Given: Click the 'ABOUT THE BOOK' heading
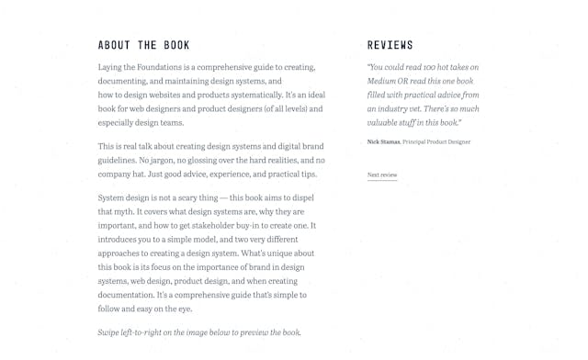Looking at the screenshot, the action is (x=143, y=45).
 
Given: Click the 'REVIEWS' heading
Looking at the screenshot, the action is (x=390, y=45).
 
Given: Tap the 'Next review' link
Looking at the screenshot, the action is (x=382, y=174).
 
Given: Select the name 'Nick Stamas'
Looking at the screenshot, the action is (x=383, y=141).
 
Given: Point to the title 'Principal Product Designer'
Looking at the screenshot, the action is (x=436, y=141).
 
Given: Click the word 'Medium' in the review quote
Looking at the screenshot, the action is (x=383, y=81).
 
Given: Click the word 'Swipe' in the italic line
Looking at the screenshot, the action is (x=108, y=332).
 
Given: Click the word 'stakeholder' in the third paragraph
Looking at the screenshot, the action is (x=207, y=225).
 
